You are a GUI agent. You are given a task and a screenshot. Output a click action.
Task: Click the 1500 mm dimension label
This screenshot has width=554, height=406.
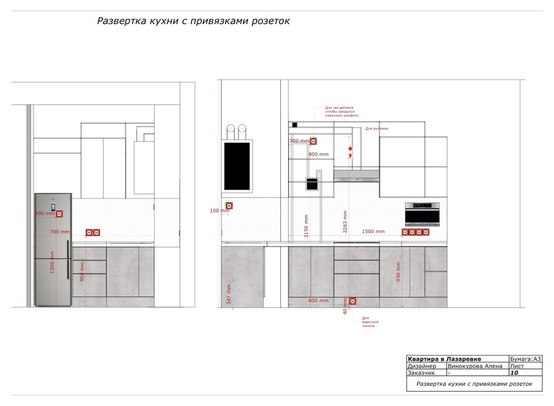point(373,232)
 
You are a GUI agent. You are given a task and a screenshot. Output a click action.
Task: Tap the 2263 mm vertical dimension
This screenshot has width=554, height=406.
point(345,221)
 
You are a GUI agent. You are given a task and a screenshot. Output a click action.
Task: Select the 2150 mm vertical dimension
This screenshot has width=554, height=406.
point(306,226)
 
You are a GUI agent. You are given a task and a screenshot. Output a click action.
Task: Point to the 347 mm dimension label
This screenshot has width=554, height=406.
point(228,294)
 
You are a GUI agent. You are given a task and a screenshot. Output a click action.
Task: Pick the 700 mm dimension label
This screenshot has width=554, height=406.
point(60,232)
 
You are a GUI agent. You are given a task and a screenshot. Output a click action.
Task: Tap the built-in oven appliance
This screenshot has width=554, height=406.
point(422,214)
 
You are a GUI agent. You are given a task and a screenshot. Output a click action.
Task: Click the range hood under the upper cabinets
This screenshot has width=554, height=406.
point(356,175)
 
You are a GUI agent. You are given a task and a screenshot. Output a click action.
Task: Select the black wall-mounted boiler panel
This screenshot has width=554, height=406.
point(237,166)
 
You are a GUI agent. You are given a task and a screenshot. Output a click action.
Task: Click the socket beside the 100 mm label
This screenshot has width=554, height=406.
point(229,206)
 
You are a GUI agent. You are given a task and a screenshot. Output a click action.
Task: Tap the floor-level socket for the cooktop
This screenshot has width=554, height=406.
point(353,301)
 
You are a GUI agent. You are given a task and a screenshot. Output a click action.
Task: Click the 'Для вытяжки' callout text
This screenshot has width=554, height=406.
point(377,129)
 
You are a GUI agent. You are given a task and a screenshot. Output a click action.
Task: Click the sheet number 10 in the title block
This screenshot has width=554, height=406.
point(514,372)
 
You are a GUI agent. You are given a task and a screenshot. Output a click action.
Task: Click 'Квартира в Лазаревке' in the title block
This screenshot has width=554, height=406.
point(444,359)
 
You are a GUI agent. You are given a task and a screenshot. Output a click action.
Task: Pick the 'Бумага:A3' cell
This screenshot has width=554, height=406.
point(526,359)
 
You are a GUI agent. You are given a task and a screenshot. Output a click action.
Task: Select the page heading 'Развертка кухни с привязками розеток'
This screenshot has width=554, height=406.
point(194,21)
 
